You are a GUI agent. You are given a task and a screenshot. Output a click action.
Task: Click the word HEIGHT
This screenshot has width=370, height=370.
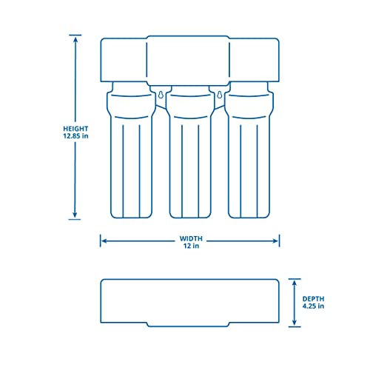click(75, 127)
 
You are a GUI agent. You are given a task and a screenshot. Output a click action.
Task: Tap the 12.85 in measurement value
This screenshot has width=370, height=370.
click(75, 136)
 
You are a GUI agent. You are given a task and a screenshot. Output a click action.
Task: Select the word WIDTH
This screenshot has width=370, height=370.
click(190, 239)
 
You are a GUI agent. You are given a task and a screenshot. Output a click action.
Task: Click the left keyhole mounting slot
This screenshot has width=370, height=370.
click(161, 94)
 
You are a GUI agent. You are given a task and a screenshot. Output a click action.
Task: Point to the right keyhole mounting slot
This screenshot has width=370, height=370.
click(220, 94)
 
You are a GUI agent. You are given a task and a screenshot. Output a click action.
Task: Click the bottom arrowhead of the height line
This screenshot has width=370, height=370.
click(75, 217)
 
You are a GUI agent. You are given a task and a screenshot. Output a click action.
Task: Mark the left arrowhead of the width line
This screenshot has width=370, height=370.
click(104, 240)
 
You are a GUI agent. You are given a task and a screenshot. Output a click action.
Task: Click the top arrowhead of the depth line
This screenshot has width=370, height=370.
click(294, 281)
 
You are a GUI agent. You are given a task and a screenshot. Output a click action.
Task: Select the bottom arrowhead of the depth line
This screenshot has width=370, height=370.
click(294, 324)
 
